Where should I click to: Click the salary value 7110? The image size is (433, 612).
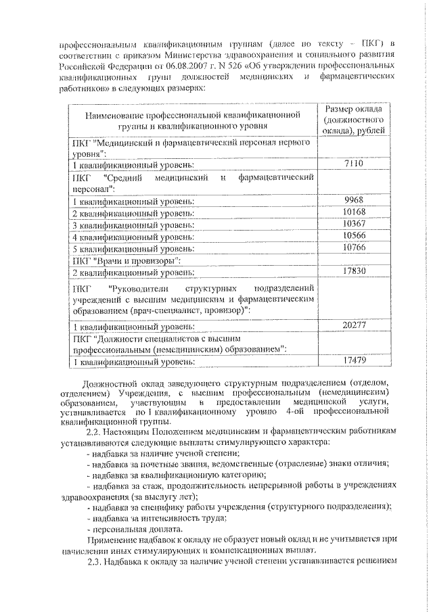(x=354, y=164)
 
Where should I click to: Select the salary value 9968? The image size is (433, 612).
(x=354, y=199)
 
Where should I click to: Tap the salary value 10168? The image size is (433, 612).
(x=354, y=211)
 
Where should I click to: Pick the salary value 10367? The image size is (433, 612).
(x=354, y=223)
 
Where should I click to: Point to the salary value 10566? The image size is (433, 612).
(x=354, y=235)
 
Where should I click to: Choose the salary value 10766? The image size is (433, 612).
(x=354, y=247)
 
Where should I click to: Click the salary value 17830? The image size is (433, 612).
(x=354, y=271)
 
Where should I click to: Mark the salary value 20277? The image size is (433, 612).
(x=354, y=325)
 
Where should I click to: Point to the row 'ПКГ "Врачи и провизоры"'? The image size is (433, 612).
(x=126, y=260)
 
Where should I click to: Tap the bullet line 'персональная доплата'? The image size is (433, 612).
(x=132, y=529)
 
